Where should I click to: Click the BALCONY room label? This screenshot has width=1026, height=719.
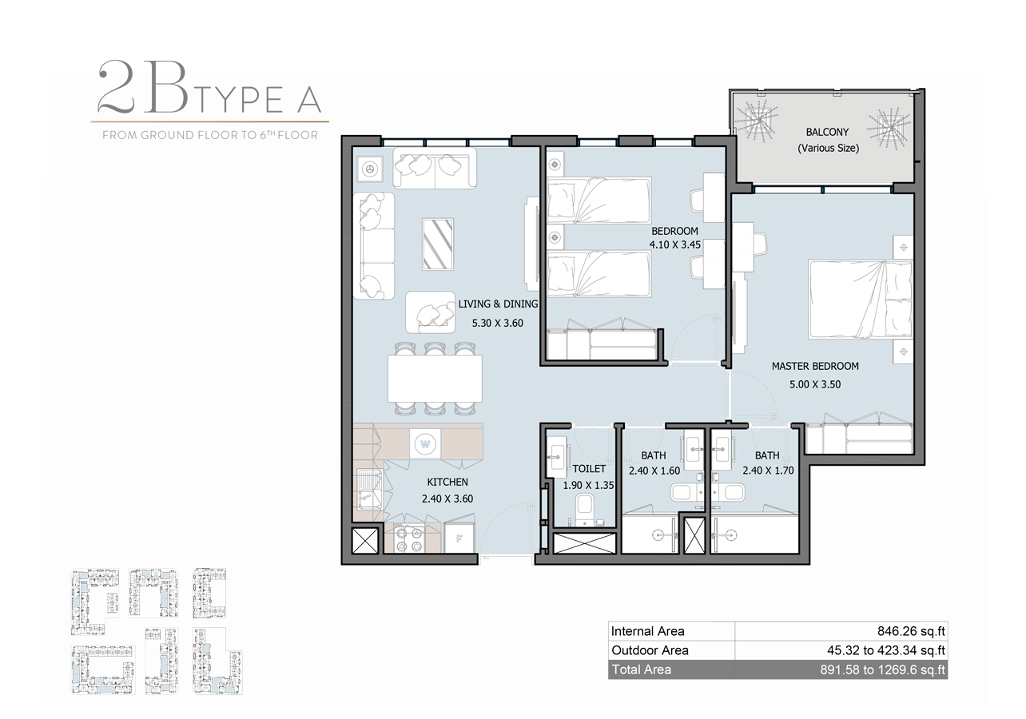(827, 132)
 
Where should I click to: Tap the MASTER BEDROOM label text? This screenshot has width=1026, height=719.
(815, 367)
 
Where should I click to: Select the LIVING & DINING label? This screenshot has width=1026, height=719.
(498, 304)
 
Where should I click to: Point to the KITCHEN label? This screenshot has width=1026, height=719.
(447, 482)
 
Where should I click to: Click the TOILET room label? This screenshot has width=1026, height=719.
(589, 469)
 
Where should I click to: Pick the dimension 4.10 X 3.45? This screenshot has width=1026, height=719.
(674, 245)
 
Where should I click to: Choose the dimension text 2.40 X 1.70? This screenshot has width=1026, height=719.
(768, 471)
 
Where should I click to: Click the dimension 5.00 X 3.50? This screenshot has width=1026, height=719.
(815, 384)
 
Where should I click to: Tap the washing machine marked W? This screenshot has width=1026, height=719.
(424, 443)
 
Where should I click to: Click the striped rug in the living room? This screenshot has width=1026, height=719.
(438, 244)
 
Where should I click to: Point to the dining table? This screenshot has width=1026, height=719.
(435, 378)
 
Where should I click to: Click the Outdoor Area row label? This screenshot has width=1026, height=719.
(650, 650)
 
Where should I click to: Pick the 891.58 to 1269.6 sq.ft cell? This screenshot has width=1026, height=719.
(888, 669)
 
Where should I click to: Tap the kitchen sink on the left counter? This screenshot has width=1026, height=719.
(368, 487)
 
